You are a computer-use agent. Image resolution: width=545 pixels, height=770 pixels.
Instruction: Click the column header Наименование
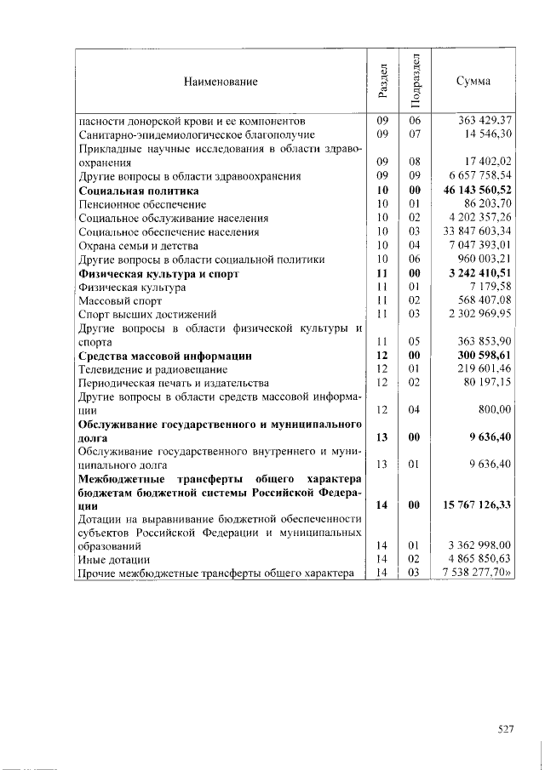[x=220, y=82]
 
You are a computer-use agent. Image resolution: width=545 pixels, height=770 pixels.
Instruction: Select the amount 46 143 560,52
[x=478, y=191]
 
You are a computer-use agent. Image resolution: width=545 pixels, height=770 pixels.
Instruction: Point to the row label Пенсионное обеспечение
[x=142, y=204]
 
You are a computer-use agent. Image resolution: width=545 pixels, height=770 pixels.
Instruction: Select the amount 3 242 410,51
[x=480, y=274]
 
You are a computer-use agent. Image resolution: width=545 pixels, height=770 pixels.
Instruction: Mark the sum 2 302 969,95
[x=483, y=315]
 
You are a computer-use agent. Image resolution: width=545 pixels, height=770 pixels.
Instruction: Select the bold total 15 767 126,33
[x=478, y=505]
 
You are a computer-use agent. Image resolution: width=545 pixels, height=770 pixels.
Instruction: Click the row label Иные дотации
[x=114, y=561]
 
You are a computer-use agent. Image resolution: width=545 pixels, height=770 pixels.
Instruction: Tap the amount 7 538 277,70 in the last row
[x=480, y=574]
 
